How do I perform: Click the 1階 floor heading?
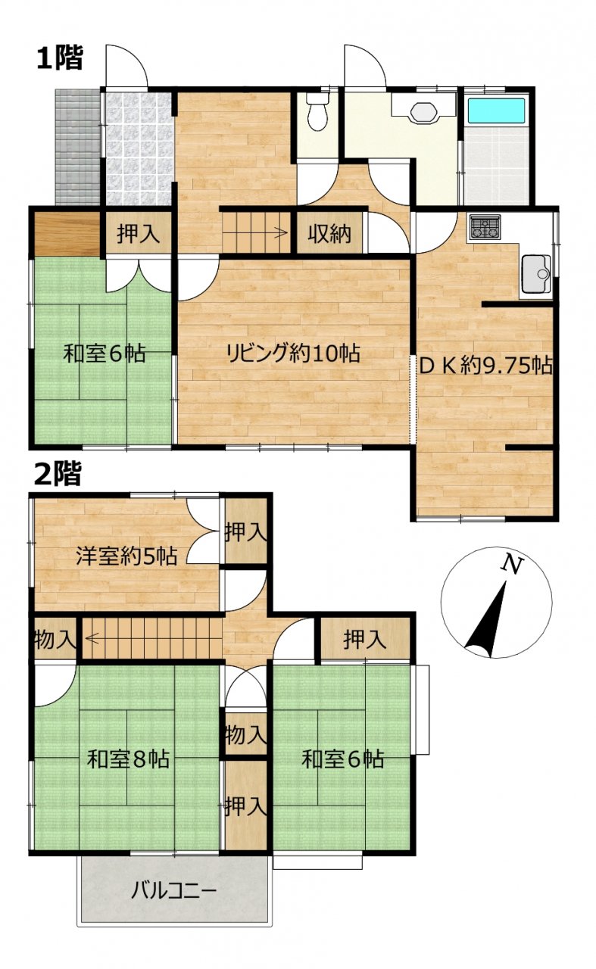59,59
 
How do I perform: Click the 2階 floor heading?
58,475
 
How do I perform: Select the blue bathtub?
497,111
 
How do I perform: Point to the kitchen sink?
536,274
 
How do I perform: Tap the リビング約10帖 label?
293,354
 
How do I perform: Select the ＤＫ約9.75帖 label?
486,366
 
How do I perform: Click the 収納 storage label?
329,235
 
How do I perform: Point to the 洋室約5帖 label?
126,556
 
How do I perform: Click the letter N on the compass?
513,565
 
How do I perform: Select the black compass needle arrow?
486,621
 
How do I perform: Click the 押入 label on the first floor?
138,235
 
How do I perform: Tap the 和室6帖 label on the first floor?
104,354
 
